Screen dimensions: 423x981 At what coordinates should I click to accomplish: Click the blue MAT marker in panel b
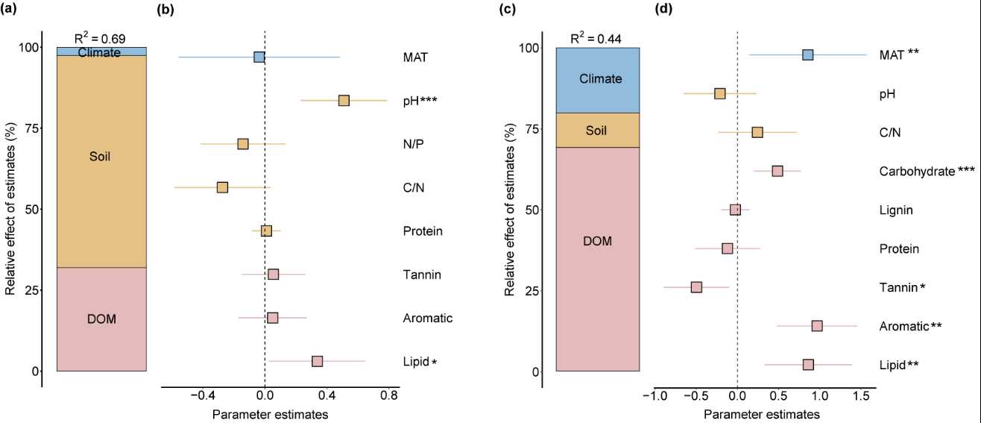pyautogui.click(x=259, y=57)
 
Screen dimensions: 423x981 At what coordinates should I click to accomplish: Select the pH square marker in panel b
pyautogui.click(x=344, y=101)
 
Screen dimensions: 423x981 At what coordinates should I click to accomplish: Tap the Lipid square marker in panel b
pyautogui.click(x=317, y=361)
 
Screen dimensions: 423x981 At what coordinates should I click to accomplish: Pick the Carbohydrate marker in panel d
pyautogui.click(x=777, y=171)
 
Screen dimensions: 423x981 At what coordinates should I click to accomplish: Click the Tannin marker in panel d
pyautogui.click(x=696, y=287)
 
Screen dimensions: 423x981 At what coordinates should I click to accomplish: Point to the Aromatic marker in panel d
pyautogui.click(x=817, y=326)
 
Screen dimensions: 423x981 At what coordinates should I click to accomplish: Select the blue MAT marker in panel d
pyautogui.click(x=807, y=54)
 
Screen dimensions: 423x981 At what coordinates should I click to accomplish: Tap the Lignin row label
pyautogui.click(x=895, y=210)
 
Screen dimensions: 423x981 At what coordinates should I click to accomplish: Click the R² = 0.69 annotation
pyautogui.click(x=101, y=38)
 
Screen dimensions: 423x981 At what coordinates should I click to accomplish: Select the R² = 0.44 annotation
pyautogui.click(x=596, y=39)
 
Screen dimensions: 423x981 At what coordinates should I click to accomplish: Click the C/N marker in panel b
pyautogui.click(x=222, y=187)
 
